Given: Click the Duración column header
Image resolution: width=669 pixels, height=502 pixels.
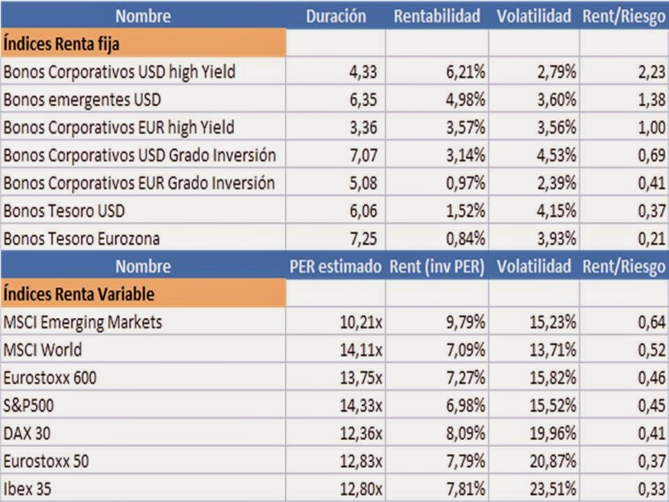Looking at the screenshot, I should point(335,16).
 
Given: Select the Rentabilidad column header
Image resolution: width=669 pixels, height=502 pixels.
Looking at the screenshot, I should point(437,16).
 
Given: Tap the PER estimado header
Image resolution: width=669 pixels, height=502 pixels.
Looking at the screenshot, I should point(335,266).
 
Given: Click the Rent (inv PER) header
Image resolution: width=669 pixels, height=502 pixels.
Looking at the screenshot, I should point(437,266).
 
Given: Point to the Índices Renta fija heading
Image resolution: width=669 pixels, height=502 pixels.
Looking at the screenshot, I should point(61,43).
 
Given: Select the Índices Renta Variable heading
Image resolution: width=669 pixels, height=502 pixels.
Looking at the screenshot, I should point(79,294).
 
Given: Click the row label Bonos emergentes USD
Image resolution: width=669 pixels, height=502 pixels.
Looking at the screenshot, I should point(82,99).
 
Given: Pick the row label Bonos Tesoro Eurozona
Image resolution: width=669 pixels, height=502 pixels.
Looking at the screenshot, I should point(82,238).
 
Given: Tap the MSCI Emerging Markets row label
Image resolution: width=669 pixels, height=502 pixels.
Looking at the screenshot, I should point(82,321).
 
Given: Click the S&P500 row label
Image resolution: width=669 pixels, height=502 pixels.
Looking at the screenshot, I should point(31,405).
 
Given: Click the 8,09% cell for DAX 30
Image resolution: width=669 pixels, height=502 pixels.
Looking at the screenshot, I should point(466,433).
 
